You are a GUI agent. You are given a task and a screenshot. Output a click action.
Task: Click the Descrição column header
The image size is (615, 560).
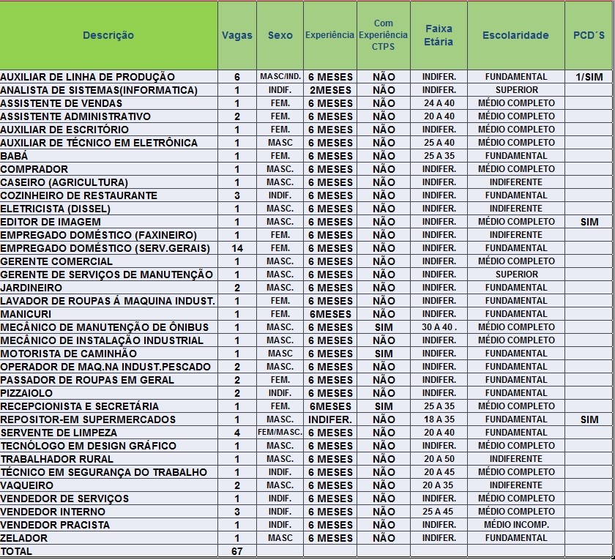pos(108,35)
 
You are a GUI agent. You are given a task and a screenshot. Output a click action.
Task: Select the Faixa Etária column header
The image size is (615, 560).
pos(439,35)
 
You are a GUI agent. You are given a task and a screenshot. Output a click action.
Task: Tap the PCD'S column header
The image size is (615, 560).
pos(589,35)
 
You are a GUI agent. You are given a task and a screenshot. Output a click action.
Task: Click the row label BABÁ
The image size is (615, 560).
pos(14,156)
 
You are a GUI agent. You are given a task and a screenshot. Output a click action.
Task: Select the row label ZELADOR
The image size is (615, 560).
pos(24,538)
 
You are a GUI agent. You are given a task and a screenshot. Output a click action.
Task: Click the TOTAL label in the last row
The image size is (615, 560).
pos(16,551)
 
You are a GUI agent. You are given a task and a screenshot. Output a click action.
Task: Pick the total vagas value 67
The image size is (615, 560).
pos(236,551)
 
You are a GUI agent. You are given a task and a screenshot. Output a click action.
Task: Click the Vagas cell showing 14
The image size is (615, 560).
pos(236,248)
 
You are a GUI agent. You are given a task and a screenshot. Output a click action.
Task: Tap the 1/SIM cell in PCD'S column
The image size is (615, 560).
pos(589,77)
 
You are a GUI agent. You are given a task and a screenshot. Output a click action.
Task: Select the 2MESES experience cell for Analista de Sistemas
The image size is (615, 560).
pos(330,90)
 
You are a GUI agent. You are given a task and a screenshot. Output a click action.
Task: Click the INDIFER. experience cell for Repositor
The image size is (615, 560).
pos(330,419)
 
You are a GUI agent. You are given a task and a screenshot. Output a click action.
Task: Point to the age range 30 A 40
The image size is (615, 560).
pos(439,327)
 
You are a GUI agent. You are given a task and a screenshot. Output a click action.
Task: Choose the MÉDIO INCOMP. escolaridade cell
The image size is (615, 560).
pos(516,525)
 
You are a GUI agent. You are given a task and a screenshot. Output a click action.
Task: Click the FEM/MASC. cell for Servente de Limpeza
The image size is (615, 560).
pos(280,433)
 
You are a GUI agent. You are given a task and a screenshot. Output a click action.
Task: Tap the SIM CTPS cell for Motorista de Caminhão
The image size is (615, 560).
pos(384,354)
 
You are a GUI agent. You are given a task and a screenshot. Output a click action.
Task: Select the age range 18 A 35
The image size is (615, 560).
pos(439,419)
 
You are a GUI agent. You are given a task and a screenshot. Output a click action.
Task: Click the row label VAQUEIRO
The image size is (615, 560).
pos(27,485)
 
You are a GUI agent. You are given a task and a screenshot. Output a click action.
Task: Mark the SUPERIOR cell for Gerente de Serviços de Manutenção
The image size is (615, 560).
pos(516,275)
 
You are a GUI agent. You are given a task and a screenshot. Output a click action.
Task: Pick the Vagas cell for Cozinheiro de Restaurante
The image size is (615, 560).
pos(236,195)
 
